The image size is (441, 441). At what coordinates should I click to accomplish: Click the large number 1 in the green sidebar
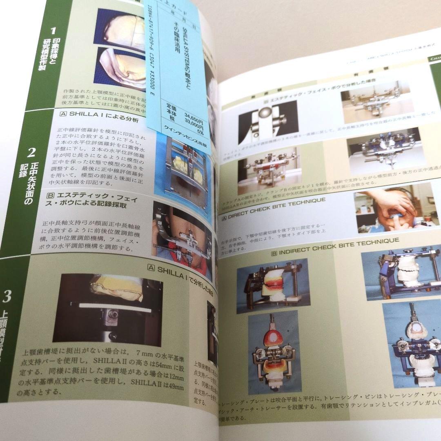(53, 30)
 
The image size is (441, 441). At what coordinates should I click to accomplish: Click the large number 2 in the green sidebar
(31, 153)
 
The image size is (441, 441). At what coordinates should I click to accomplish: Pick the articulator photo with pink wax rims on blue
(274, 288)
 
